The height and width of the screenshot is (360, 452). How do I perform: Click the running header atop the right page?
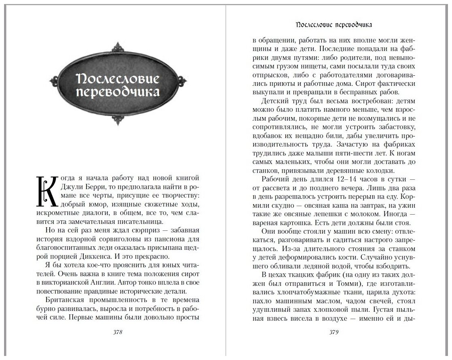334,25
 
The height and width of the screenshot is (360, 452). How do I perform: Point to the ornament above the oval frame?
117,47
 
